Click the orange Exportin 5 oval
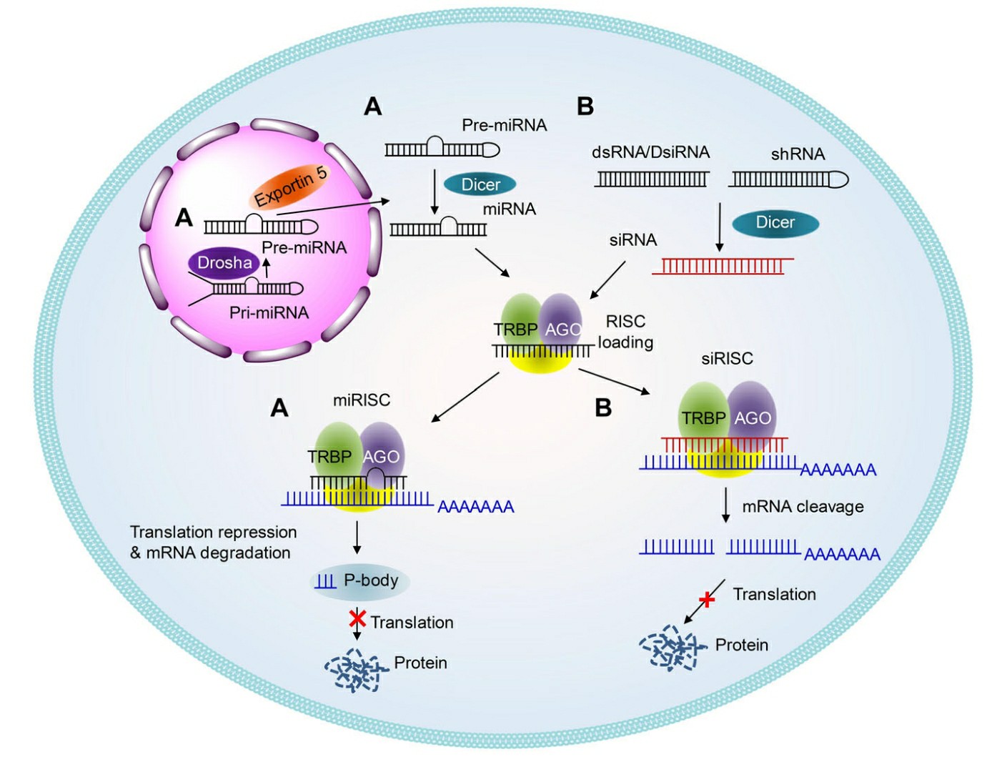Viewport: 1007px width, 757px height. [290, 187]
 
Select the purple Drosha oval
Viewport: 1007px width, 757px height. [224, 263]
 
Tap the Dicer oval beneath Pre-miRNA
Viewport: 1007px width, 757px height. [480, 184]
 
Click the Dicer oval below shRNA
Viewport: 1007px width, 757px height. [775, 222]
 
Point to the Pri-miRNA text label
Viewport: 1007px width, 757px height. [269, 312]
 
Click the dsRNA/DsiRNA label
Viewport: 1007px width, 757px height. [650, 152]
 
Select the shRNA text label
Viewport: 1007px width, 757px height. [798, 154]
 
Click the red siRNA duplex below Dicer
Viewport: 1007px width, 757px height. [722, 266]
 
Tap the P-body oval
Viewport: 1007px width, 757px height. [361, 580]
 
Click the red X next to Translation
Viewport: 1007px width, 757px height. [357, 618]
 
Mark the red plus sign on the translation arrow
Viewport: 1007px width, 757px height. [707, 599]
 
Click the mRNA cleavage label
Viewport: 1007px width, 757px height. [803, 507]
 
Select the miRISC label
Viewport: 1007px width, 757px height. [362, 400]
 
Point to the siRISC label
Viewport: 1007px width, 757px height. [727, 358]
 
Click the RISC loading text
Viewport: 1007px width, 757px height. [625, 332]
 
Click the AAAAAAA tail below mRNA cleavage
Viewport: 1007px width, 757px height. [842, 554]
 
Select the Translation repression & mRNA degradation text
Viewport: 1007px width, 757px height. [212, 542]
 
